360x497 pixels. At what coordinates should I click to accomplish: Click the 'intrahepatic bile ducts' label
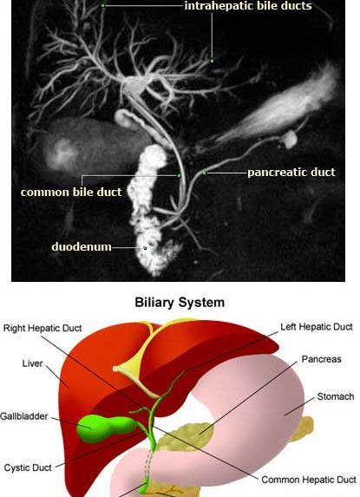[x=248, y=6]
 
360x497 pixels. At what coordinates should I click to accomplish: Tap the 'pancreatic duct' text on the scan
[x=291, y=172]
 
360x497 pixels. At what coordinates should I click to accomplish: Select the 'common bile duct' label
[x=71, y=192]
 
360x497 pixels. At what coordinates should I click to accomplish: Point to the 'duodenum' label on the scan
[x=82, y=246]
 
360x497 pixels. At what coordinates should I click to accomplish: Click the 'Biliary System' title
[x=180, y=302]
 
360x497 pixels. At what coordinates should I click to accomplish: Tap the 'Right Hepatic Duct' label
[x=43, y=328]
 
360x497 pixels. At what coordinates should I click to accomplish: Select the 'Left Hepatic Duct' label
[x=317, y=327]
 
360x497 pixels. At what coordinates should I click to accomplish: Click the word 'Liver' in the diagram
[x=32, y=363]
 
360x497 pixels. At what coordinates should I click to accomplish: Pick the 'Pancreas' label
[x=321, y=359]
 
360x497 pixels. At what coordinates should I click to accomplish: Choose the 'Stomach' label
[x=336, y=396]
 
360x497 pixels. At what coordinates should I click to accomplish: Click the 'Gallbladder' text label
[x=24, y=416]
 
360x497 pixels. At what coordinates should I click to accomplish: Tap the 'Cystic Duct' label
[x=28, y=468]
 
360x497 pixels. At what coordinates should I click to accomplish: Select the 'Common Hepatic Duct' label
[x=309, y=480]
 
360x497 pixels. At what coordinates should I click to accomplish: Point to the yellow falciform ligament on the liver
[x=140, y=368]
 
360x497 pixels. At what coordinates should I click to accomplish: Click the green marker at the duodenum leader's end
[x=145, y=248]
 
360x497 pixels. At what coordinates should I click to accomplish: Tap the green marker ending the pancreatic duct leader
[x=204, y=173]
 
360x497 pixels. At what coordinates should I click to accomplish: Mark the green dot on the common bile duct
[x=179, y=175]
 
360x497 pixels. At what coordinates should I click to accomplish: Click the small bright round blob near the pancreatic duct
[x=290, y=140]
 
